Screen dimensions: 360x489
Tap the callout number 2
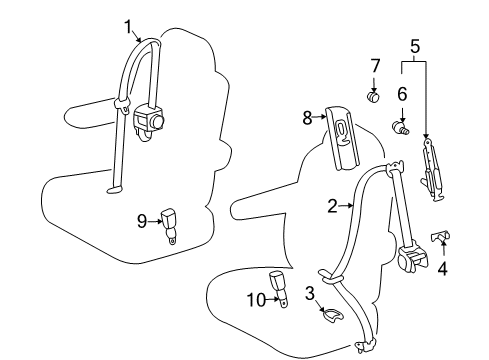tap(332, 207)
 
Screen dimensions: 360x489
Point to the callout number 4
tap(442, 268)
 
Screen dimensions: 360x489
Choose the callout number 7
tap(375, 66)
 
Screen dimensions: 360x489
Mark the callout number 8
tap(308, 118)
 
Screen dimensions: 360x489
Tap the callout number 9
tap(141, 219)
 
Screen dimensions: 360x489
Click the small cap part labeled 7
tap(373, 97)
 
